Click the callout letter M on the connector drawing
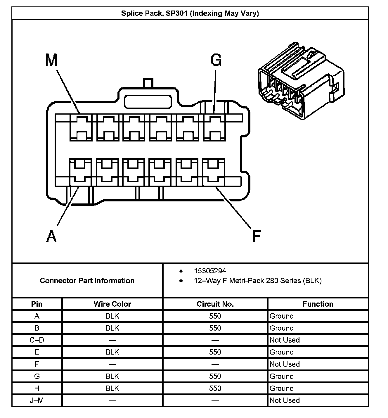[51, 61]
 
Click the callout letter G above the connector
[216, 60]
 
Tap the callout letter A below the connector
[51, 236]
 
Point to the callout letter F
[256, 236]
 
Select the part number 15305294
[210, 271]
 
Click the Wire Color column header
[112, 304]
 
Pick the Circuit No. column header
[215, 304]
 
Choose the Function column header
[318, 304]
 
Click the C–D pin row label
[37, 340]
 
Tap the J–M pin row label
[37, 400]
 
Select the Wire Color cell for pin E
[112, 352]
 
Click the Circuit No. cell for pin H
[215, 388]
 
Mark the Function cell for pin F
[285, 364]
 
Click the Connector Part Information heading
[87, 281]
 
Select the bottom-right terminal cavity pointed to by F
[214, 172]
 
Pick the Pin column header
[37, 304]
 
